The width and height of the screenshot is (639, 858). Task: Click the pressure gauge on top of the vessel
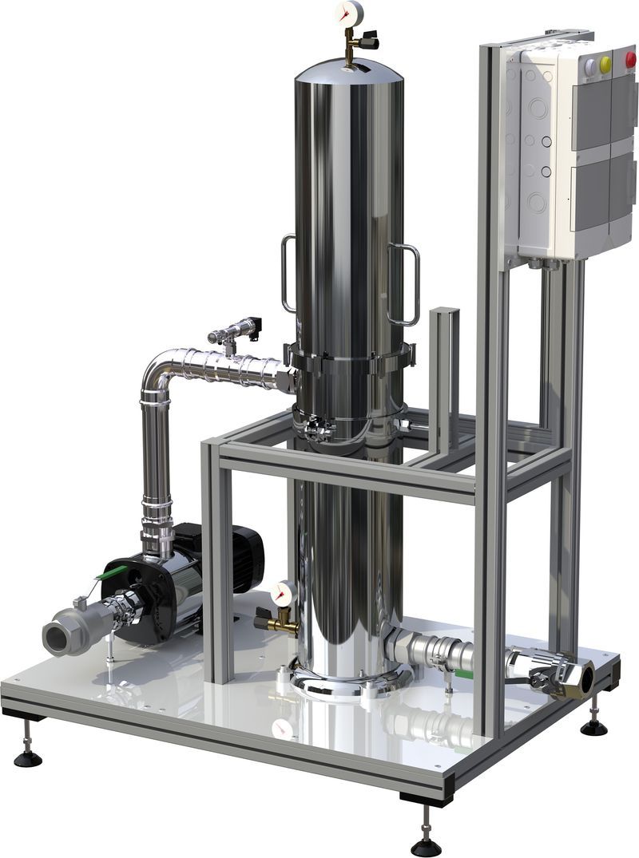pos(350,12)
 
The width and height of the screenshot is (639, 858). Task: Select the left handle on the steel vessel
pos(287,273)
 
